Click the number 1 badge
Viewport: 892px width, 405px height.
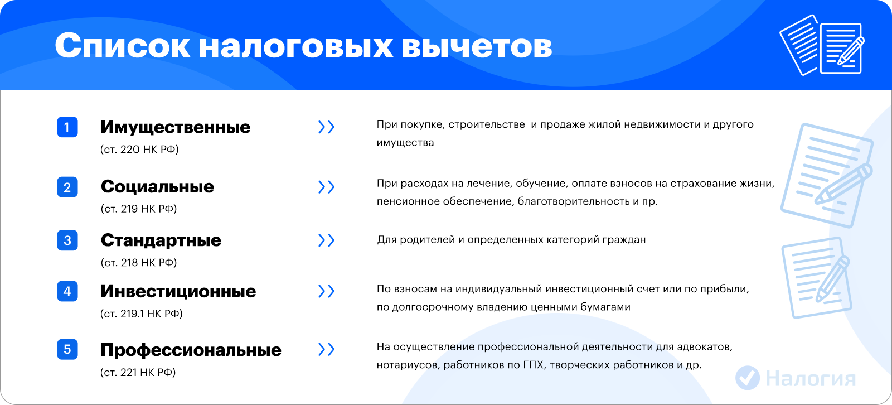[67, 127]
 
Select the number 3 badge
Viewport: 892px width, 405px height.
[67, 240]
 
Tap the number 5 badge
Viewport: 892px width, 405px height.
[67, 349]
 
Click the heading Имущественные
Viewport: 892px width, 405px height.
[175, 128]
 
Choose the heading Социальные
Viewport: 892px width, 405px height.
[157, 186]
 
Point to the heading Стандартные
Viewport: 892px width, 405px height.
[161, 240]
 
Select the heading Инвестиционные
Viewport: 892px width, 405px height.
[178, 291]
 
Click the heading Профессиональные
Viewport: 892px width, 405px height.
[191, 350]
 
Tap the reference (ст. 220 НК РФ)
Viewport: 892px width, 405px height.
[139, 149]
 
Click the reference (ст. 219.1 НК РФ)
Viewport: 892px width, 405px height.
[142, 314]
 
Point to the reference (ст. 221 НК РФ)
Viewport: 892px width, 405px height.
[138, 372]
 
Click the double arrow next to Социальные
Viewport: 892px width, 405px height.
[327, 187]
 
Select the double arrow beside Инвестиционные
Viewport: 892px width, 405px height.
[327, 291]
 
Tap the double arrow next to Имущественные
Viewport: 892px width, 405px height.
[327, 127]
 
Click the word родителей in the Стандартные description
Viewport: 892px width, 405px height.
[427, 240]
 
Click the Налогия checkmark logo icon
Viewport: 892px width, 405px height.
[748, 378]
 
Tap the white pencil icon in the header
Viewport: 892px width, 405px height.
[851, 51]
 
